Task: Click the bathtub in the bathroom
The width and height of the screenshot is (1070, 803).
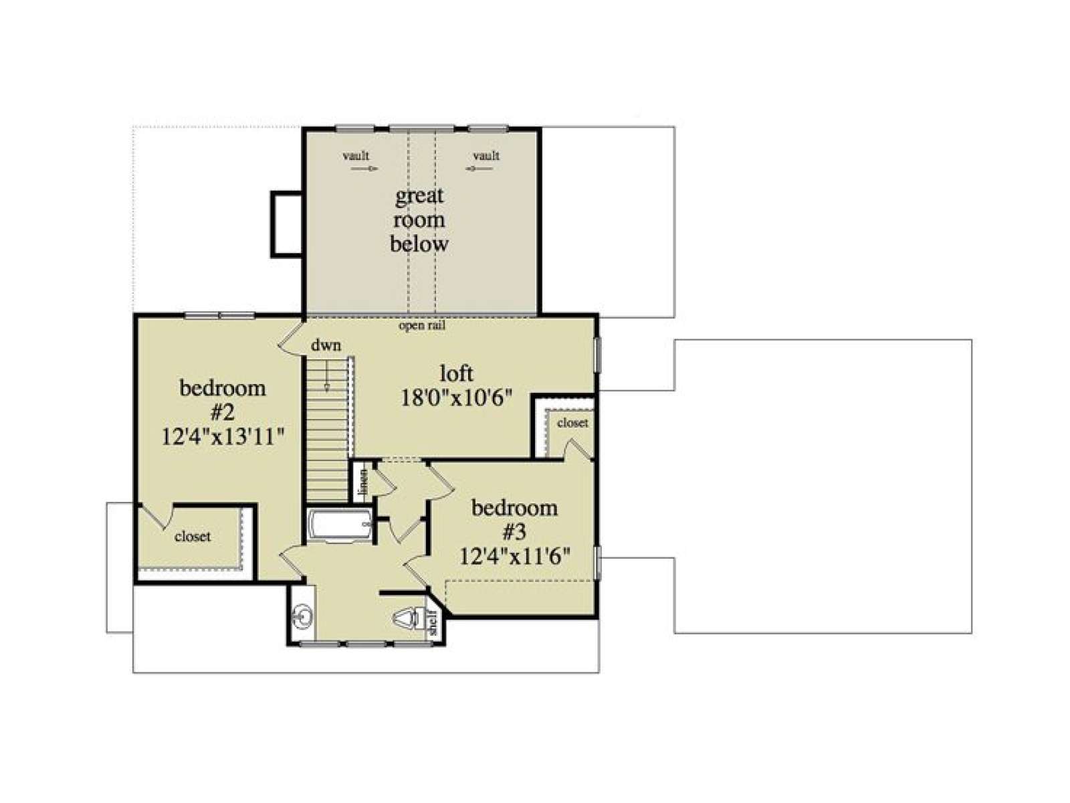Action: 341,525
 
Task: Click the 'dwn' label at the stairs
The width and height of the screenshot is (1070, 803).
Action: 326,346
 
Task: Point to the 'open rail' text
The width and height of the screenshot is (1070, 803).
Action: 422,326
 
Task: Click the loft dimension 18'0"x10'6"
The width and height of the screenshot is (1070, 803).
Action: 456,398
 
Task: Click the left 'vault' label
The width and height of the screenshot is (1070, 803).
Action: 356,155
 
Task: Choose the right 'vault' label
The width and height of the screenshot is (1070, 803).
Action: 486,155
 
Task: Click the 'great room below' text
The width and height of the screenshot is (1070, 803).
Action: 419,220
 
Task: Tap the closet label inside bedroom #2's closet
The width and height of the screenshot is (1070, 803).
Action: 193,536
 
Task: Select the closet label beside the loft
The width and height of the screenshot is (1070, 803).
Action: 572,423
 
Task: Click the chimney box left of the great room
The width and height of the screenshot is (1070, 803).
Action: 286,224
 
